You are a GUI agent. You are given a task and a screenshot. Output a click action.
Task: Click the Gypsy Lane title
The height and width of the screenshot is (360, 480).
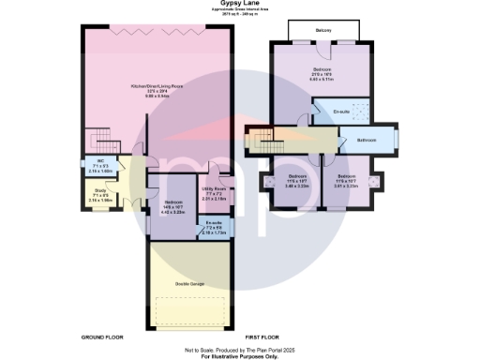click(x=240, y=4)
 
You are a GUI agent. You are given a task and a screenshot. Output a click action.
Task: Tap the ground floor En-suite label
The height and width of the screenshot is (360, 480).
click(x=215, y=226)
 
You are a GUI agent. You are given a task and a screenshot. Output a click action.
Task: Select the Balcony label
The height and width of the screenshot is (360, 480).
click(x=323, y=32)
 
